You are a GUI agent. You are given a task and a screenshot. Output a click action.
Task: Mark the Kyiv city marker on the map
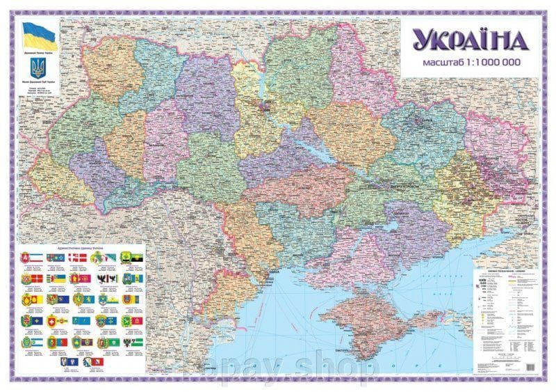click(265, 107)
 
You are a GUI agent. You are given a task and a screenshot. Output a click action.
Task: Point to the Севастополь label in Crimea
click(340, 346)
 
